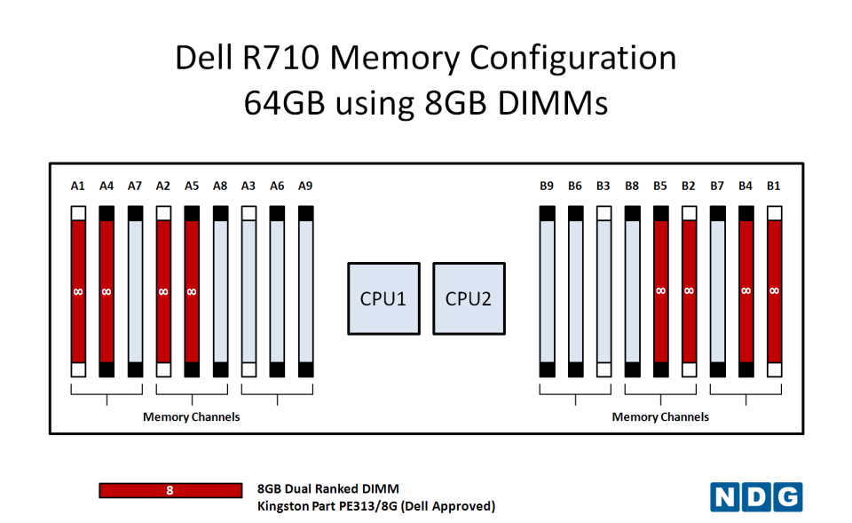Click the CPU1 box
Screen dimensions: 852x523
[x=383, y=298]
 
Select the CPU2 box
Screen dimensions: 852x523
[x=469, y=298]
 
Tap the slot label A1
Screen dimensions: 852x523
[x=78, y=186]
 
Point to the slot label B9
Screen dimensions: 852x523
[x=547, y=186]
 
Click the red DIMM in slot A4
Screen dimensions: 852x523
[x=106, y=291]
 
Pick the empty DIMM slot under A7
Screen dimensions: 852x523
[x=135, y=291]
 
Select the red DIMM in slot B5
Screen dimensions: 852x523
[x=660, y=291]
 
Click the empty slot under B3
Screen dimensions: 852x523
[x=603, y=291]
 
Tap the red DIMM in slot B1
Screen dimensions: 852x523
[x=774, y=291]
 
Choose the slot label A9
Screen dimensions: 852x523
[x=305, y=186]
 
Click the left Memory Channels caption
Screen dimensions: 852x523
[x=192, y=417]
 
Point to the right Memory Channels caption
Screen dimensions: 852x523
[x=660, y=417]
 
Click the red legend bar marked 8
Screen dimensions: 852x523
[x=170, y=490]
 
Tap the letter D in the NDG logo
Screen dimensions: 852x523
[x=756, y=497]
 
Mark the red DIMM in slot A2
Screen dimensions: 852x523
[x=163, y=291]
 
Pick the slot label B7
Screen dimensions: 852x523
[x=717, y=186]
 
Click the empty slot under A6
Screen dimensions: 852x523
[x=277, y=291]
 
